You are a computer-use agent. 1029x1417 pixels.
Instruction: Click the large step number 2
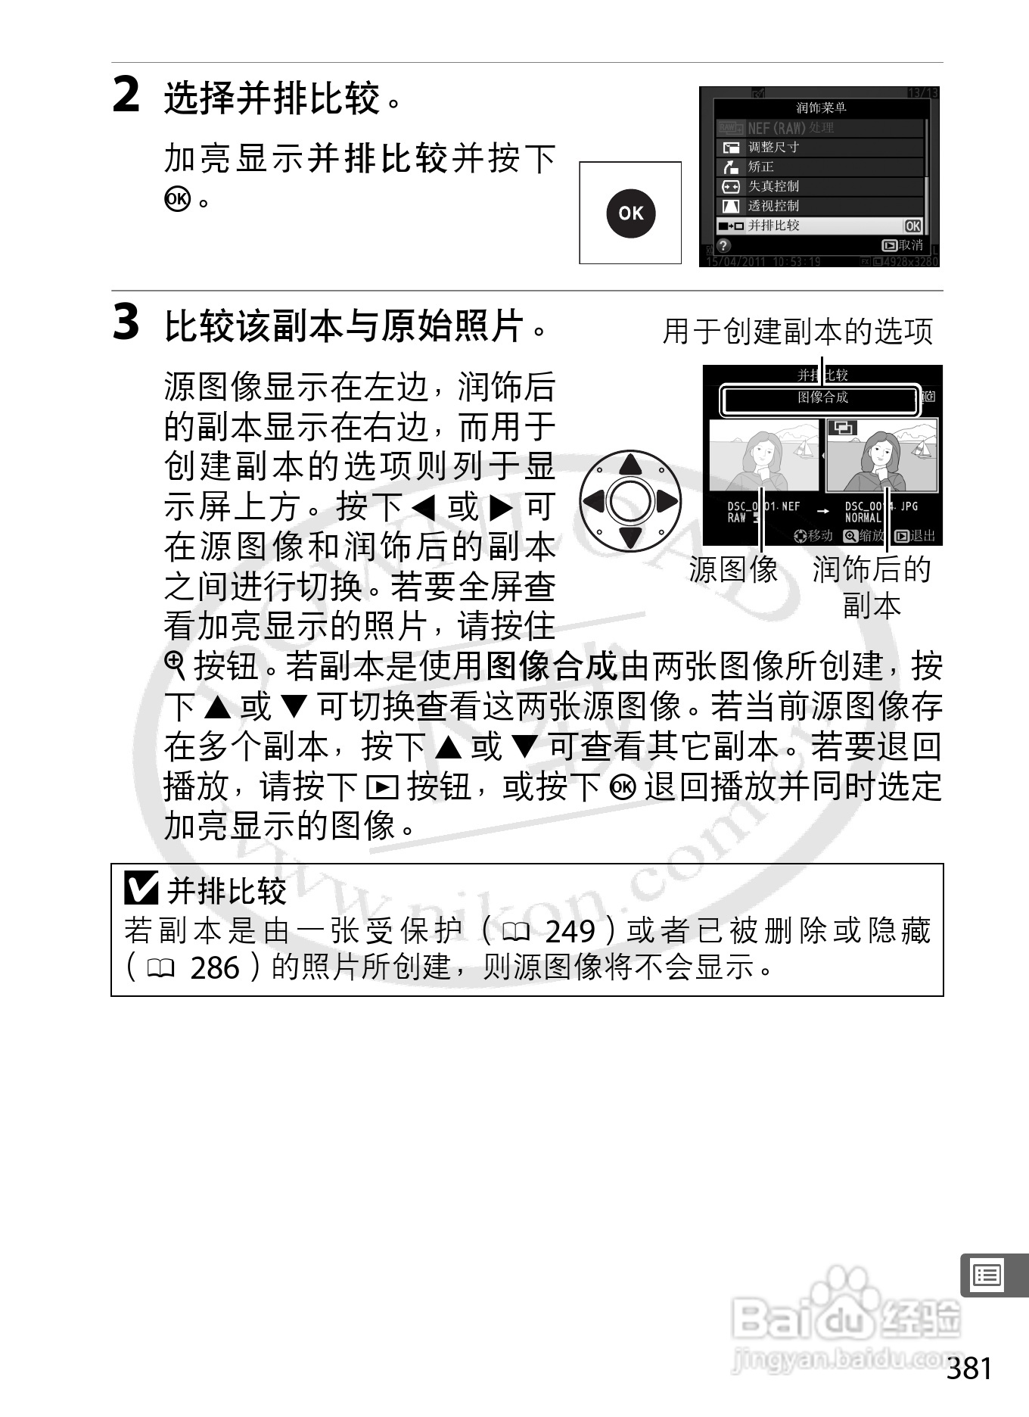pyautogui.click(x=126, y=95)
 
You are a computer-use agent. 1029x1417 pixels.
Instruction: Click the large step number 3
pyautogui.click(x=126, y=322)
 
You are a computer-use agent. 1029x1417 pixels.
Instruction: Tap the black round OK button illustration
pyautogui.click(x=630, y=213)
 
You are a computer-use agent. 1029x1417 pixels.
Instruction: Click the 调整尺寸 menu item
pyautogui.click(x=773, y=148)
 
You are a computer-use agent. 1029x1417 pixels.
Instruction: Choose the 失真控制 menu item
pyautogui.click(x=773, y=186)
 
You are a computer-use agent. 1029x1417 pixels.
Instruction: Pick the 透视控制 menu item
pyautogui.click(x=773, y=206)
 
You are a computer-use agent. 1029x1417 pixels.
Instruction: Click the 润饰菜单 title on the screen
pyautogui.click(x=821, y=108)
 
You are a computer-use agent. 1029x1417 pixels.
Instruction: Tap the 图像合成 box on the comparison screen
pyautogui.click(x=821, y=399)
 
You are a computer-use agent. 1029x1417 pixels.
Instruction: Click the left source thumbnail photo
pyautogui.click(x=763, y=456)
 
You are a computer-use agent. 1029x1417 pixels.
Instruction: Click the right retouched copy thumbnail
pyautogui.click(x=881, y=456)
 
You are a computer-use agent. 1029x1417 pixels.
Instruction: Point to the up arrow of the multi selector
pyautogui.click(x=630, y=464)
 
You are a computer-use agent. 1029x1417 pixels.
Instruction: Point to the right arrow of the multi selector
pyautogui.click(x=667, y=501)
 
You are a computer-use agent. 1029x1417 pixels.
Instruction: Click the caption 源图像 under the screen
pyautogui.click(x=733, y=570)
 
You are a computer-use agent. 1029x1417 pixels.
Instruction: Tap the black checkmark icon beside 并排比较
pyautogui.click(x=141, y=889)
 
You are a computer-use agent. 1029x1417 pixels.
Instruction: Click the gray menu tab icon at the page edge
pyautogui.click(x=987, y=1275)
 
